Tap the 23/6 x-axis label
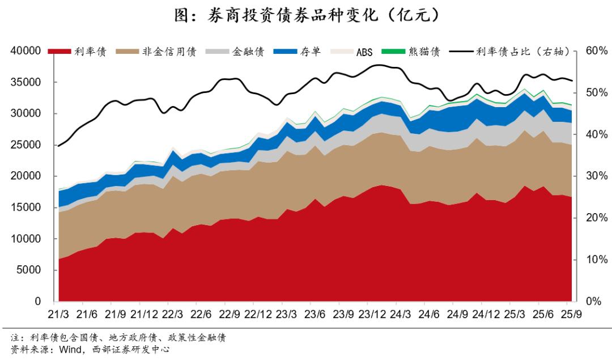coord(314,314)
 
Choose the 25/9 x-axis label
coord(570,314)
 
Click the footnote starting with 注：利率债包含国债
coord(113,338)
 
